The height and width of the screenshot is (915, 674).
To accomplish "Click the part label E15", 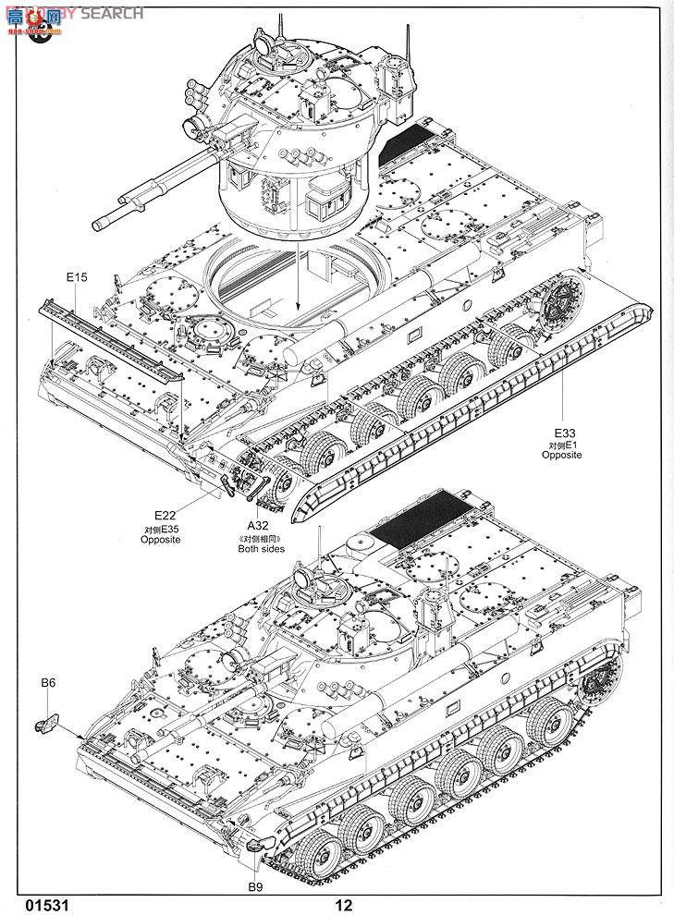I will [76, 277].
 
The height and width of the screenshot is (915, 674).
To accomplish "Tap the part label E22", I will [165, 516].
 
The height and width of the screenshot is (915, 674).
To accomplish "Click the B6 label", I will [49, 683].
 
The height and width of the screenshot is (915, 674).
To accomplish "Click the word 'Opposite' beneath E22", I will [161, 540].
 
